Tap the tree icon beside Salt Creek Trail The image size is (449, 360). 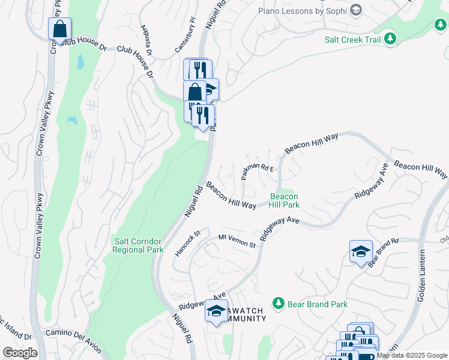pyautogui.click(x=390, y=39)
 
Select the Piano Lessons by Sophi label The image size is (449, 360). pyautogui.click(x=303, y=11)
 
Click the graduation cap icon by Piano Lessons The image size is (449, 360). pyautogui.click(x=356, y=10)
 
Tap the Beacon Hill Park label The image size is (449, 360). pyautogui.click(x=284, y=200)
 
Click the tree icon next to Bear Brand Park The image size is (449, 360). pyautogui.click(x=278, y=304)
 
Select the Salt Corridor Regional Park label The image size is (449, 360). pyautogui.click(x=138, y=245)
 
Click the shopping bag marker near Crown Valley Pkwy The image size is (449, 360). pyautogui.click(x=60, y=29)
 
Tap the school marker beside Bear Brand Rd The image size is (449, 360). pyautogui.click(x=361, y=251)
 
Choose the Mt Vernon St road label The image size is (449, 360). pyautogui.click(x=237, y=241)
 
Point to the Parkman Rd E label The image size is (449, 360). pyautogui.click(x=257, y=171)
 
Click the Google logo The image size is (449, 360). pyautogui.click(x=20, y=353)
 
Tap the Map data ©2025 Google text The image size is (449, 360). pyautogui.click(x=411, y=355)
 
